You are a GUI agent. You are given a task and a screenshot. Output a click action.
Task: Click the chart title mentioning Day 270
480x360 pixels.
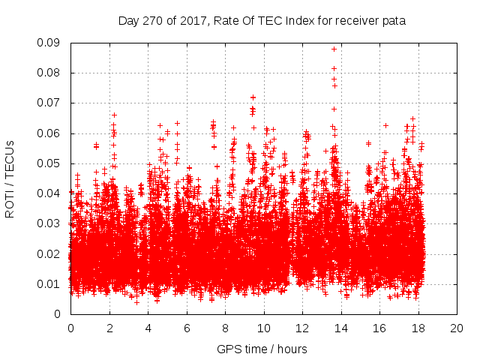click(x=262, y=21)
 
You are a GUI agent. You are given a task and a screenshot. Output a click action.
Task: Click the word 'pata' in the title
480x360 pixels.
click(x=394, y=22)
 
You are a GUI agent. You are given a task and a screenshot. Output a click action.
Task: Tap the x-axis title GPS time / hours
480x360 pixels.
click(x=262, y=349)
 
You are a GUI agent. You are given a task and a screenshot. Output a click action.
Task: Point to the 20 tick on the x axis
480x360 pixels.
click(x=456, y=328)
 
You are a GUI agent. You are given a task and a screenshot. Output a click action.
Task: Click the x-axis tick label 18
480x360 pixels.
click(x=418, y=328)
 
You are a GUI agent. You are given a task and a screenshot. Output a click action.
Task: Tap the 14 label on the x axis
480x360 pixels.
click(x=340, y=328)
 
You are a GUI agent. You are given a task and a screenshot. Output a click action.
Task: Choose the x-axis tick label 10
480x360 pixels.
click(x=263, y=328)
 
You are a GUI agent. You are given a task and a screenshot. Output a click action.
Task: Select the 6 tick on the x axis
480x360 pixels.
click(x=186, y=328)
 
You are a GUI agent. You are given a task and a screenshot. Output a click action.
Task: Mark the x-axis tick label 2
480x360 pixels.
click(x=109, y=328)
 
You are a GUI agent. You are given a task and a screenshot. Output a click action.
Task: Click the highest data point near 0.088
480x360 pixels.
click(x=334, y=49)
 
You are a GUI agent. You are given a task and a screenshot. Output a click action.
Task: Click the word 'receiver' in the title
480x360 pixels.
click(x=355, y=21)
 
